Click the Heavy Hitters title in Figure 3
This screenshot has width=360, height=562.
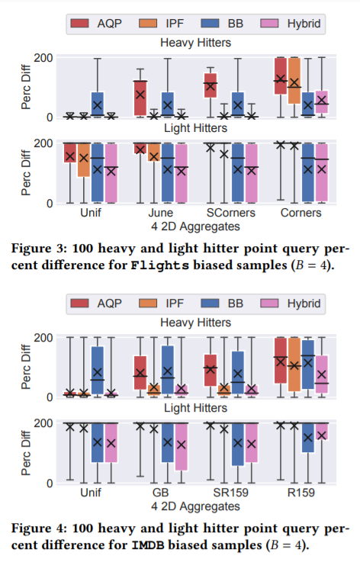(x=195, y=43)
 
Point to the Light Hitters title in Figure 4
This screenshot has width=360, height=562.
(x=195, y=409)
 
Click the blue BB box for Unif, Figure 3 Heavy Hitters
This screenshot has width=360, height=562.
(x=98, y=104)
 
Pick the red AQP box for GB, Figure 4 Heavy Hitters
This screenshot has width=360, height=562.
(x=140, y=372)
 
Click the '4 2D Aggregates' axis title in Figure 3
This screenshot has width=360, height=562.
(x=195, y=226)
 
